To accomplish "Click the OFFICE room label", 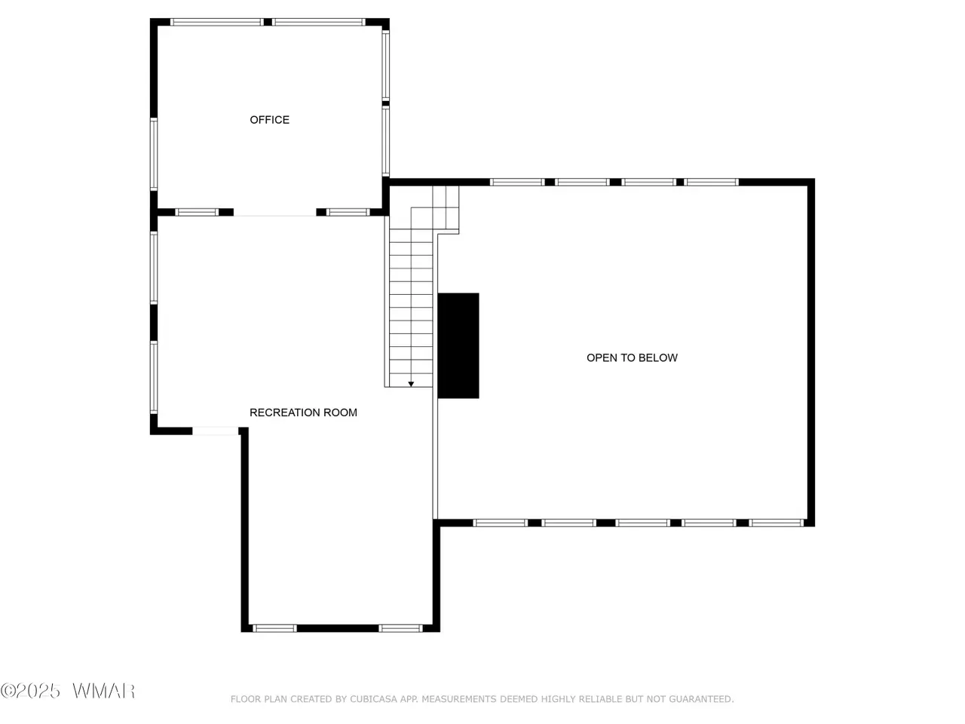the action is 269,120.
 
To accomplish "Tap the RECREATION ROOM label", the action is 303,413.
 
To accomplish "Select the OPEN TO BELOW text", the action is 633,357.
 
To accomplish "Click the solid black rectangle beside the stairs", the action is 458,345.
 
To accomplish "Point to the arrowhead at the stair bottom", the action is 411,384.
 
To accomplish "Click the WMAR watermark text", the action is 104,691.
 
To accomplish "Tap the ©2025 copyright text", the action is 30,691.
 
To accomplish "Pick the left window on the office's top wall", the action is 217,22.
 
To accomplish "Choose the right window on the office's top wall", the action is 318,22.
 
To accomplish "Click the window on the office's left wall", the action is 154,154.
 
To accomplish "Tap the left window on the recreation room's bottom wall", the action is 274,628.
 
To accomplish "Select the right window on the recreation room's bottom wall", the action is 400,628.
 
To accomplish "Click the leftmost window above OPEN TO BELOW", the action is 517,182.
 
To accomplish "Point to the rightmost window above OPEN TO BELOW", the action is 712,182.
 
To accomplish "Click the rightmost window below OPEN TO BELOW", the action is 777,523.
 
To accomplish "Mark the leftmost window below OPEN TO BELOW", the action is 501,523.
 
